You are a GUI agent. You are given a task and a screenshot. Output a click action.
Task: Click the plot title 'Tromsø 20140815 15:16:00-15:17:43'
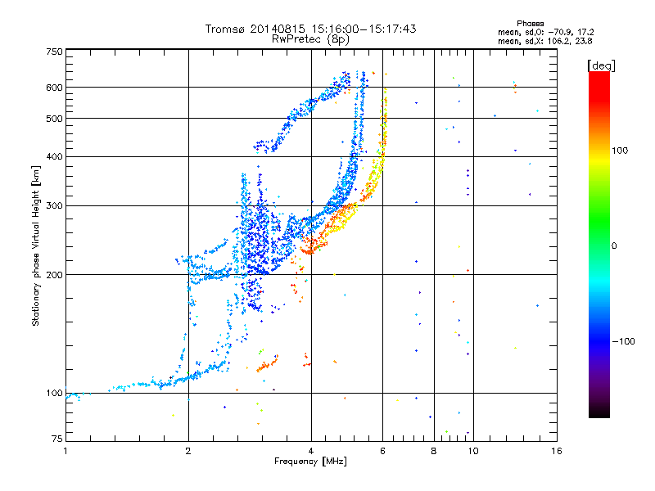tap(311, 29)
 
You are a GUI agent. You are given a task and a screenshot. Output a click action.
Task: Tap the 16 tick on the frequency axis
tap(556, 451)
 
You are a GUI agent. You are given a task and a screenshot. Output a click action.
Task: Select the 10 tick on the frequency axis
tap(473, 451)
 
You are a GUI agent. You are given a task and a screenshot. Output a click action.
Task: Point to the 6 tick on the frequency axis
tap(383, 451)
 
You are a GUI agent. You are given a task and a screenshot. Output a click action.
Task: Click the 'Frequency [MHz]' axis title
tap(311, 462)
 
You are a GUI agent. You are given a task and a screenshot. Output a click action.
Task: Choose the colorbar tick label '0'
tap(615, 245)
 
